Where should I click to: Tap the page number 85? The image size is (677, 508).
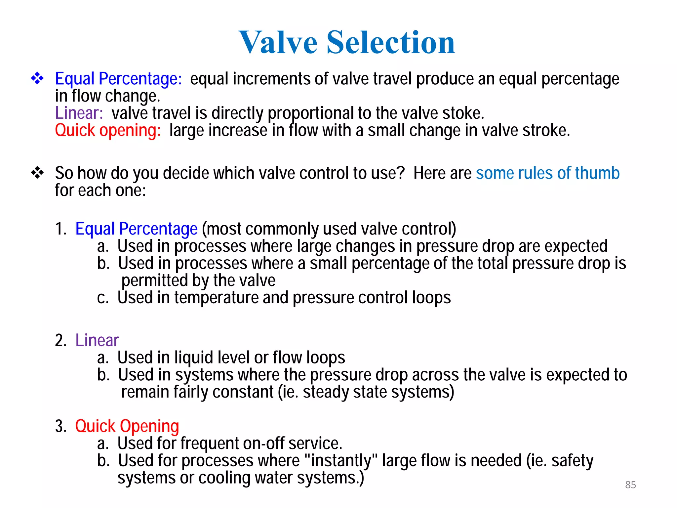click(630, 485)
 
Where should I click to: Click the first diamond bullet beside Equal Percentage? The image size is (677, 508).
click(37, 78)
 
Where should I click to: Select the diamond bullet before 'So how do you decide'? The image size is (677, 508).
click(37, 173)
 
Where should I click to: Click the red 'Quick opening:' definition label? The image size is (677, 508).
click(108, 130)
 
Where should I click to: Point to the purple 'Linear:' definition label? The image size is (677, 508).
click(79, 113)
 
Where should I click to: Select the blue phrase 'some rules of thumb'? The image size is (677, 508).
click(547, 173)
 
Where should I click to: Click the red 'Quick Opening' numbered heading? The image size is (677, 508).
click(127, 426)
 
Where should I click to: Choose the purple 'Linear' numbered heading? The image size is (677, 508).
click(97, 340)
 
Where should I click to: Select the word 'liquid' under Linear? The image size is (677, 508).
click(194, 358)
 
